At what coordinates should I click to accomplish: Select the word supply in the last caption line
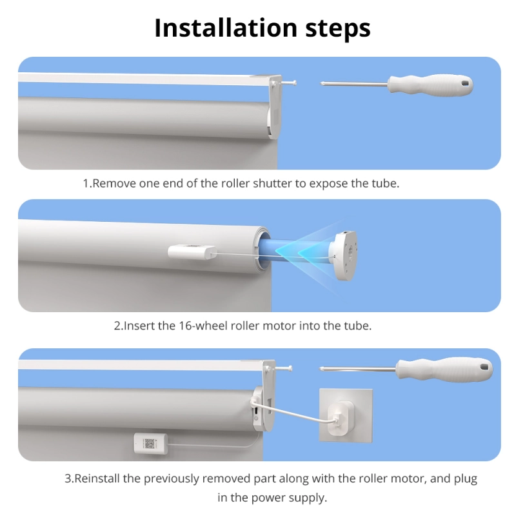310,498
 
